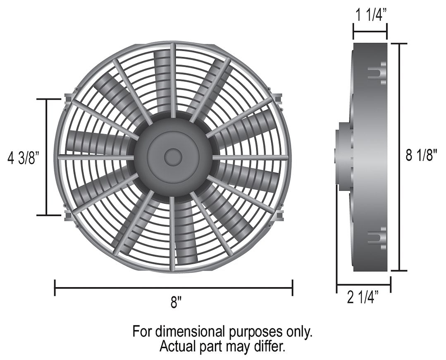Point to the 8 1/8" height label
(x=421, y=156)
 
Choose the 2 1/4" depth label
(x=363, y=298)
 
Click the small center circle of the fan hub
(x=173, y=157)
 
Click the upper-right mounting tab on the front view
(x=278, y=98)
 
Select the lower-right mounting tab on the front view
(x=278, y=215)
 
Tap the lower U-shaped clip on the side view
(x=377, y=239)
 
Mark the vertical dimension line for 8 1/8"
(x=399, y=156)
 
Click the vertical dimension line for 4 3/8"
(x=47, y=157)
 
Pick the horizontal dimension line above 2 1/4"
(x=363, y=285)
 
